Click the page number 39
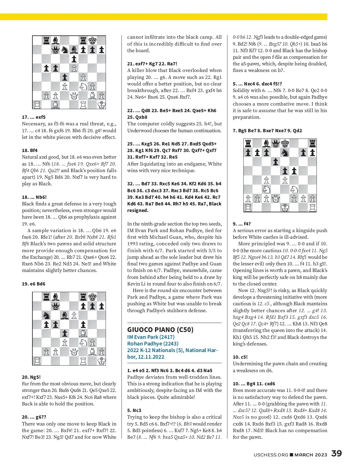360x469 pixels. pos(336,453)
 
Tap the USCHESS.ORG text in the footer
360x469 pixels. pos(271,455)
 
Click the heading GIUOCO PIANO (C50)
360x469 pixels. pos(160,330)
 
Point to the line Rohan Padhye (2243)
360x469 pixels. pos(153,344)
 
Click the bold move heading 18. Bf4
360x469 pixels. pos(30,151)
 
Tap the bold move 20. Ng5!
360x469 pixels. pos(31,377)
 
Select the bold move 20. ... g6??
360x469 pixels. pos(34,417)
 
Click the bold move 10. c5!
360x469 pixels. pos(240,357)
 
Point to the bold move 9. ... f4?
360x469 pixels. pos(242,224)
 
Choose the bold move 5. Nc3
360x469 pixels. pos(134,410)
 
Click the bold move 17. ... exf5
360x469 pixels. pos(34,117)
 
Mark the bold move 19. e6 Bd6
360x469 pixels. pos(34,284)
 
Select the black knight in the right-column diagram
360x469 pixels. pos(285,153)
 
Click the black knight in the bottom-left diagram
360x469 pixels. pos(46,315)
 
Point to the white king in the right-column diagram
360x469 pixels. pos(285,208)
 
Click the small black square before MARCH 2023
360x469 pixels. pos(291,455)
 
